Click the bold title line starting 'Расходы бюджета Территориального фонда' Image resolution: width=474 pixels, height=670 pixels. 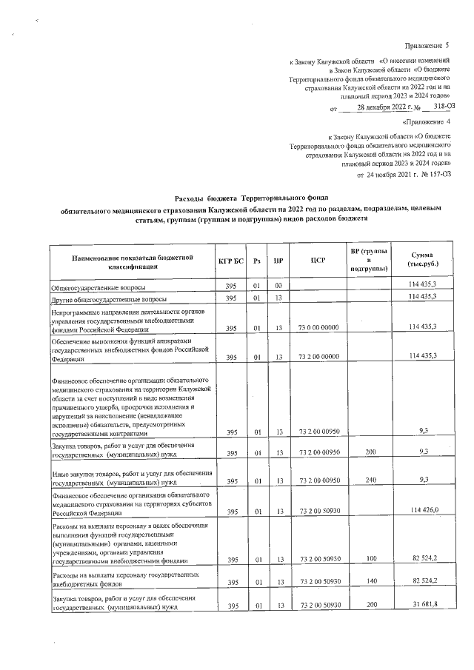coord(236,199)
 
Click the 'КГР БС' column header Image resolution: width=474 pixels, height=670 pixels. coord(231,261)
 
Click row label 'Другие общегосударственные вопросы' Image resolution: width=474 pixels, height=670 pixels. coord(108,300)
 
